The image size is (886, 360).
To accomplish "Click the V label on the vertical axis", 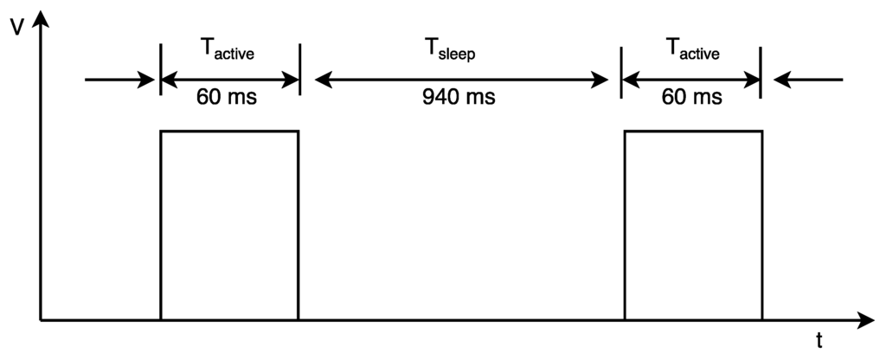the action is click(17, 27).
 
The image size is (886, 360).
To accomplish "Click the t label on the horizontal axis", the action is click(819, 340).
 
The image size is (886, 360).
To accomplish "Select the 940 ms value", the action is click(459, 97).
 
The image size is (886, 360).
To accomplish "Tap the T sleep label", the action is click(451, 51).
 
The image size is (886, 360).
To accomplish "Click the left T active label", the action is click(228, 49).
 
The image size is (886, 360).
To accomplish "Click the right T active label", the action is click(693, 49).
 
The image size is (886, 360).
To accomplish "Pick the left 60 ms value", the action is click(227, 97).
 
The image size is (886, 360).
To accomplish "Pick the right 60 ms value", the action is click(692, 97).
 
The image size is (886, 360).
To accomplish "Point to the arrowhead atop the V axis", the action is click(41, 19).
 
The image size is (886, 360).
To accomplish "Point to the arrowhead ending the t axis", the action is click(865, 320).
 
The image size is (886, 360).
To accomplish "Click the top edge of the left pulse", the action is click(229, 132).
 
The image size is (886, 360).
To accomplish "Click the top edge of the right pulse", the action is click(693, 132).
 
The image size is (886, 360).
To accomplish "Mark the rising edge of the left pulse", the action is click(161, 226).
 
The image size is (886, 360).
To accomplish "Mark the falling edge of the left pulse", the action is click(298, 226).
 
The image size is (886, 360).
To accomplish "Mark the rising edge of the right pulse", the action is click(625, 226).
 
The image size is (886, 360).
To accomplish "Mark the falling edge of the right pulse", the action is click(761, 226).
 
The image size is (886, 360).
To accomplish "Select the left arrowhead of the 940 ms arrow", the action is click(324, 80).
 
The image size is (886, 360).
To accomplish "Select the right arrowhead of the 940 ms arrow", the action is click(600, 80).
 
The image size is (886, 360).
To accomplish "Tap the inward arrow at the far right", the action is click(808, 80).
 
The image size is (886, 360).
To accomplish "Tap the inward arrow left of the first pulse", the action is click(119, 80).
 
